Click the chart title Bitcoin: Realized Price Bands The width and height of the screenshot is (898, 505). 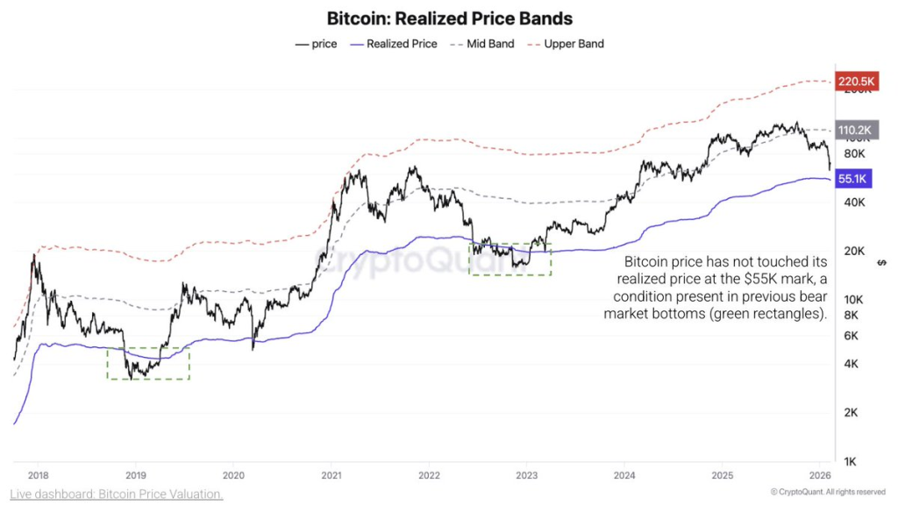pyautogui.click(x=449, y=18)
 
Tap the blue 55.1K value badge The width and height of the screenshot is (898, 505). pyautogui.click(x=853, y=179)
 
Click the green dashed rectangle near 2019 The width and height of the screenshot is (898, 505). pyautogui.click(x=147, y=363)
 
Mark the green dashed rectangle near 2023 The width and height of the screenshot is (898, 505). pyautogui.click(x=510, y=260)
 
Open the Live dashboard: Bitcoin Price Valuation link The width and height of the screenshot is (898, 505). pyautogui.click(x=118, y=494)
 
